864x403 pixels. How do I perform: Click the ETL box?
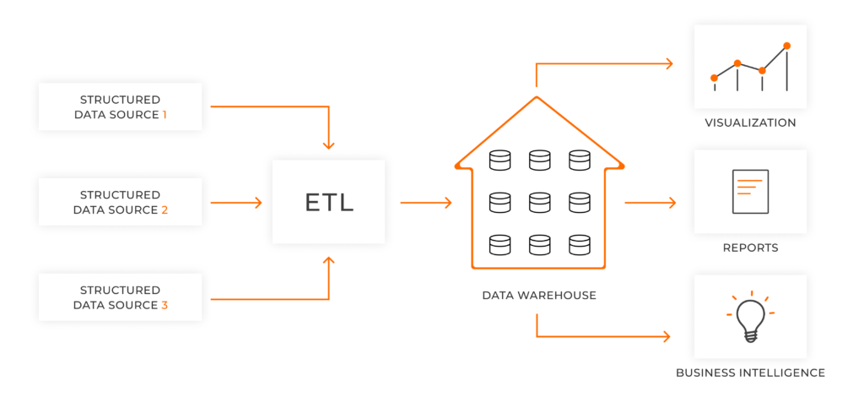[x=328, y=203]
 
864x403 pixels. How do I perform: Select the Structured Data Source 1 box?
[x=120, y=106]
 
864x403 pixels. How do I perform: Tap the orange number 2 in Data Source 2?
[x=165, y=210]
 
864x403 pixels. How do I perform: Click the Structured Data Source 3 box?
[x=120, y=297]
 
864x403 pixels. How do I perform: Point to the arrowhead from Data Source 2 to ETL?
[x=257, y=203]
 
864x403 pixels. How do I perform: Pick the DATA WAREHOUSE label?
[x=539, y=296]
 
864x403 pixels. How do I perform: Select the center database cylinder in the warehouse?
[x=539, y=202]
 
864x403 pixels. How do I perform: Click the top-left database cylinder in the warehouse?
[x=500, y=160]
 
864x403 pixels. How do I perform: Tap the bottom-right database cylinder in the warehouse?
[x=579, y=245]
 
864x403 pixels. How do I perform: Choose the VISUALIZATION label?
[x=750, y=123]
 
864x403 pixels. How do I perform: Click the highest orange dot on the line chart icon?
[x=786, y=46]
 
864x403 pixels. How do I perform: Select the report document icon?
[x=749, y=192]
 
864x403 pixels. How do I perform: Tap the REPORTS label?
[x=750, y=248]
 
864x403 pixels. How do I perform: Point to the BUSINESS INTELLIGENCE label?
[x=750, y=373]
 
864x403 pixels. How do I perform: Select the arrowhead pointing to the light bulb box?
[x=667, y=337]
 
